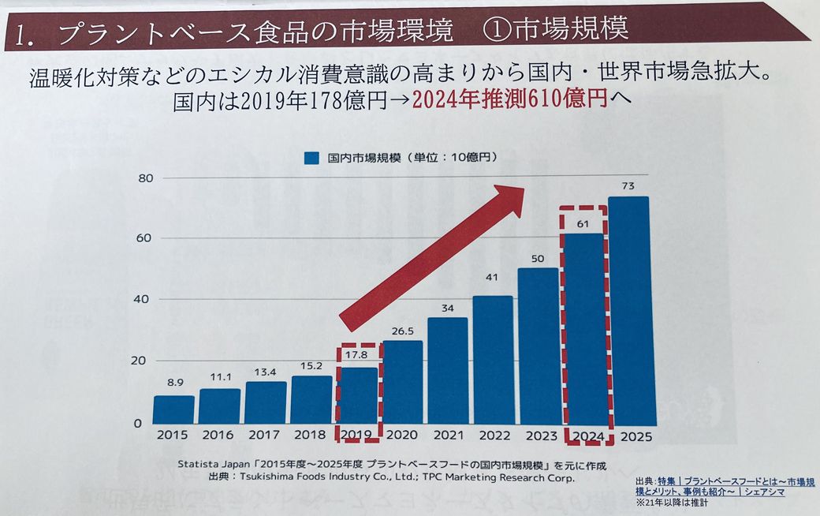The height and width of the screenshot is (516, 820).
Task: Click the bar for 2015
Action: click(173, 409)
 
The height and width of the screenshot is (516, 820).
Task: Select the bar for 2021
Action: click(447, 371)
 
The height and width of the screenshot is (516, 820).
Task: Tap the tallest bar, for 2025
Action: click(628, 311)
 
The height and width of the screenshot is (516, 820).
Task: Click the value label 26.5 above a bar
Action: click(401, 331)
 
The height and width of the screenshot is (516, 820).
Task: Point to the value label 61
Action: click(583, 223)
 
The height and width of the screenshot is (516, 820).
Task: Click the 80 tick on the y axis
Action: click(143, 178)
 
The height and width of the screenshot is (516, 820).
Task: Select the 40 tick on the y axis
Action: click(143, 299)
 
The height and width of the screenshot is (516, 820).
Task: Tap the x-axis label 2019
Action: click(356, 436)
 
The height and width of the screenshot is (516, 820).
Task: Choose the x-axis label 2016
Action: click(218, 436)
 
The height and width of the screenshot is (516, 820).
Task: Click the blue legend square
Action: click(311, 158)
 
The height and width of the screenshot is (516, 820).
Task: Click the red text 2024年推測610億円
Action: click(509, 101)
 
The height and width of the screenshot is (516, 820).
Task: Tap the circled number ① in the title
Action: click(501, 32)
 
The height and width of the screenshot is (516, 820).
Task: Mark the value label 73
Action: click(628, 186)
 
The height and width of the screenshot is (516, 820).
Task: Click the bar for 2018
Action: click(311, 399)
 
